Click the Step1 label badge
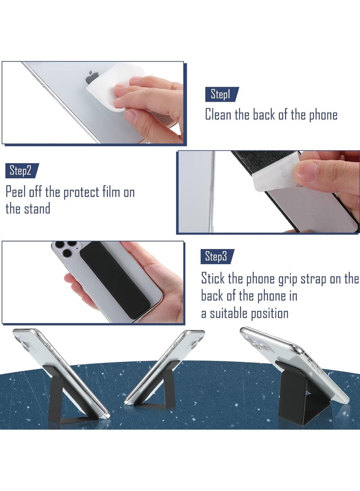click(220, 95)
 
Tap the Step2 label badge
click(21, 171)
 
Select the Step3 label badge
click(216, 257)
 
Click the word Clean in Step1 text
click(219, 114)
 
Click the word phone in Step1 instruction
click(322, 114)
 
